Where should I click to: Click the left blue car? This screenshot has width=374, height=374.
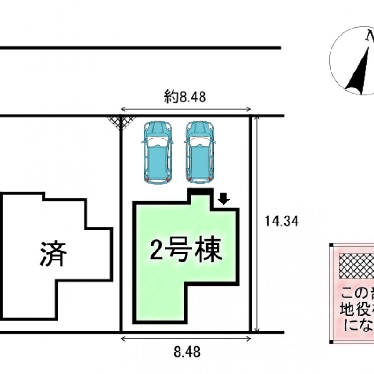click(x=157, y=152)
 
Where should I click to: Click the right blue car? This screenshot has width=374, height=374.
click(x=199, y=152)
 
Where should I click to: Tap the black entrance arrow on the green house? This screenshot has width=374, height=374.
click(x=224, y=200)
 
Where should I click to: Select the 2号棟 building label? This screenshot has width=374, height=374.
click(x=185, y=251)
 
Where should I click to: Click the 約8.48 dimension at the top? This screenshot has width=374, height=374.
click(x=186, y=98)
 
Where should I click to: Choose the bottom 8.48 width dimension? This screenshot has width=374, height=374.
click(x=186, y=351)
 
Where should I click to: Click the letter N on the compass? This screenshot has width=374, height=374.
click(x=369, y=36)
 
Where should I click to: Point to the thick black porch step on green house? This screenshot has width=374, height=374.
click(x=201, y=191)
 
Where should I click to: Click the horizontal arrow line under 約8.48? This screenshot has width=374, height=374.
click(x=186, y=109)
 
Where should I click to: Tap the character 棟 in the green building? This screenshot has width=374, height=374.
click(x=208, y=251)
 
